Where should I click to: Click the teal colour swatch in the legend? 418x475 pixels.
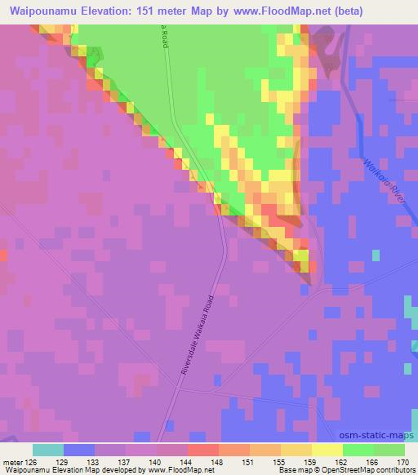(x=47, y=450)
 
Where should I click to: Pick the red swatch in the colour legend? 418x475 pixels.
(x=202, y=450)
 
